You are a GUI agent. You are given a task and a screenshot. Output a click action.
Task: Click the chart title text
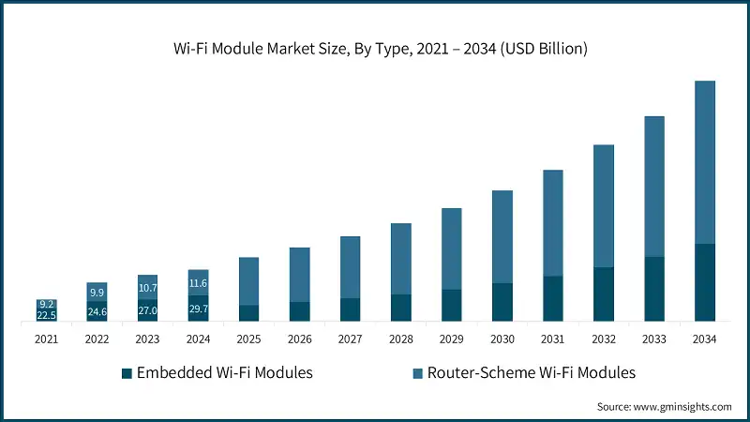[x=375, y=49]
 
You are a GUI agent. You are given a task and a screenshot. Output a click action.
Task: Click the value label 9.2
[x=46, y=304]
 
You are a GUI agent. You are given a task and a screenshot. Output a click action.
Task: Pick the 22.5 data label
[x=46, y=315]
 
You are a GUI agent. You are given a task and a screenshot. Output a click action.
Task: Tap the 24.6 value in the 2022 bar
[x=97, y=311]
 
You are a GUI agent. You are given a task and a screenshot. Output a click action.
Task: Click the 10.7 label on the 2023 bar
[x=147, y=288]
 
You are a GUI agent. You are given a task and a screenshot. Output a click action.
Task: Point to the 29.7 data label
[x=198, y=309]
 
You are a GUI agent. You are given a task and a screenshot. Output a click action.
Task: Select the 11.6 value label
[x=198, y=282]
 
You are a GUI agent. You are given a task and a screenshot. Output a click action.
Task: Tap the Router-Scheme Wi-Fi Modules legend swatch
[x=418, y=373]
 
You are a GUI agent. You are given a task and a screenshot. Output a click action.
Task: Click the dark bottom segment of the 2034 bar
[x=705, y=282]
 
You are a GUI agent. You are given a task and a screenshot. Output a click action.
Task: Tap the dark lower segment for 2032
[x=604, y=294]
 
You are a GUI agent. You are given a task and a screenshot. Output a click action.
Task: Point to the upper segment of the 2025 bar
[x=248, y=280]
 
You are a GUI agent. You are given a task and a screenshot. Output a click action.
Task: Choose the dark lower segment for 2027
[x=350, y=309]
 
